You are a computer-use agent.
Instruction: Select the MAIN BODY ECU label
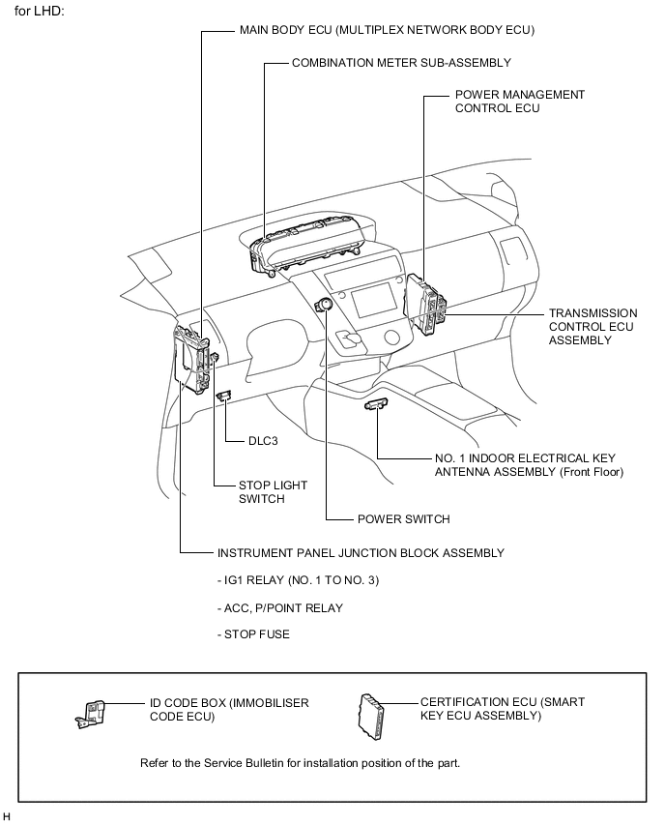387,30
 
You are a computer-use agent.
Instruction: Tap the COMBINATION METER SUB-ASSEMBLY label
401,62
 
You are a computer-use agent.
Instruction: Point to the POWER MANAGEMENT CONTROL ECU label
519,102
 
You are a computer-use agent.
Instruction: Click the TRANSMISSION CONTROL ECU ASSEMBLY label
593,327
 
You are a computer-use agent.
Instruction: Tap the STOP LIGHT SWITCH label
261,492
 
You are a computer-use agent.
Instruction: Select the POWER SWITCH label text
403,519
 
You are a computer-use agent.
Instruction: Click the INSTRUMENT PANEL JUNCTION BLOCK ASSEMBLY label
361,553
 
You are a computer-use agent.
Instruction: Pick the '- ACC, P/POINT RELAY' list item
280,608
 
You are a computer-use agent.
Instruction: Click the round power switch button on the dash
326,305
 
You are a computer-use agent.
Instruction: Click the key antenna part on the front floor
376,404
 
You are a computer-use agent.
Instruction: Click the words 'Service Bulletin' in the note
246,762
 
